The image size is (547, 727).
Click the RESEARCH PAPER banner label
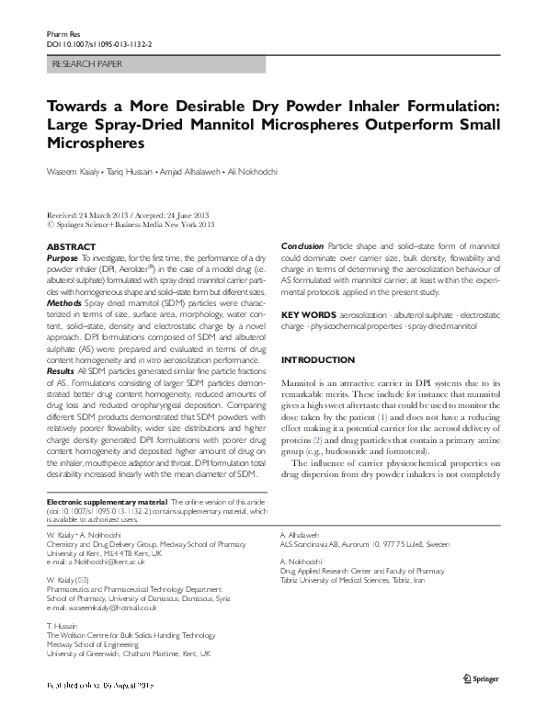click(83, 63)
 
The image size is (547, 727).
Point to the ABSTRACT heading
click(71, 247)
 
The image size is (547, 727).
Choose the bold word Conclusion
click(302, 247)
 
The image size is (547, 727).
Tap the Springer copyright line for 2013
click(130, 223)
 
